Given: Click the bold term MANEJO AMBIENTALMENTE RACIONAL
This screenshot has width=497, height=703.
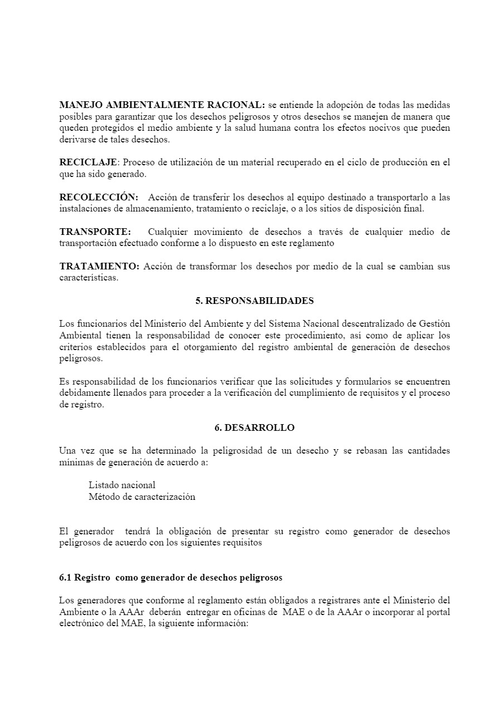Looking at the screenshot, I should tap(162, 105).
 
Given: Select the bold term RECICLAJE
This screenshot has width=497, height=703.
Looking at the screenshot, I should tap(89, 163).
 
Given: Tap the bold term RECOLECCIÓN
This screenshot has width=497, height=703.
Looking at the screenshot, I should tap(99, 197).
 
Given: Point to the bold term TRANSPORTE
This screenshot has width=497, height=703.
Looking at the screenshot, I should tap(95, 232).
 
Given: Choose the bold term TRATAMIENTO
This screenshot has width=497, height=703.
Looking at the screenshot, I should tap(99, 266).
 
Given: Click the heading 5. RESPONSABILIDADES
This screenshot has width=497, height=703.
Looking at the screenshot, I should tap(255, 301).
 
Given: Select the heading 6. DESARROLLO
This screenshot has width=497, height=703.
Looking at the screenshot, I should tap(255, 427).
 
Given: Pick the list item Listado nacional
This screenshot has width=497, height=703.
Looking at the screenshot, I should tap(122, 485).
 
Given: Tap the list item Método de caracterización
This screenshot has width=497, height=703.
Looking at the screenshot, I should tap(142, 496).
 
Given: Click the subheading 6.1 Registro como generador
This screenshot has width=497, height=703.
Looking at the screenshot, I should tap(170, 577).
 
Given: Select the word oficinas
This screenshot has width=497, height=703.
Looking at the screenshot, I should tap(260, 612).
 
